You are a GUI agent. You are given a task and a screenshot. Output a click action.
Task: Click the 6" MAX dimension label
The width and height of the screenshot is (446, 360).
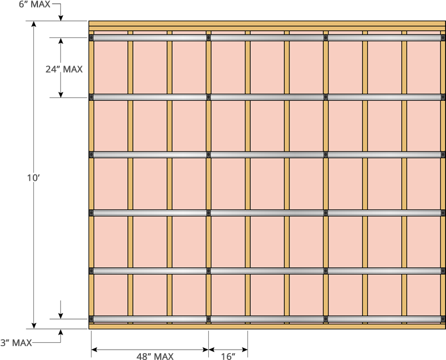coord(34,4)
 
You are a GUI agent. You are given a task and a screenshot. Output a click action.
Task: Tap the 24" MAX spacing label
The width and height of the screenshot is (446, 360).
coord(64,70)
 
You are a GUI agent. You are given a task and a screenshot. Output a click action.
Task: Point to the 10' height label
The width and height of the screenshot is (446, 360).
coord(33,178)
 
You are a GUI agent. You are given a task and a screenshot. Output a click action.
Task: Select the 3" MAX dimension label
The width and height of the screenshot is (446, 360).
coord(16,343)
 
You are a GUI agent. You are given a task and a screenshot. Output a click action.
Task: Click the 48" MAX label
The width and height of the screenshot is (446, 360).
coord(155,356)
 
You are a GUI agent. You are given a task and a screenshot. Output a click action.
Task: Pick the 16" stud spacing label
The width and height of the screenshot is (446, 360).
coord(228,356)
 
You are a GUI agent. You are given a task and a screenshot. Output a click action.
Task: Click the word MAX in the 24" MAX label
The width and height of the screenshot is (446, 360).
coord(73,70)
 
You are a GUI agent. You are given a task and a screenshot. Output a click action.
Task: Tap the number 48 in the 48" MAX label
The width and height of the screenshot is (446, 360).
coord(142,356)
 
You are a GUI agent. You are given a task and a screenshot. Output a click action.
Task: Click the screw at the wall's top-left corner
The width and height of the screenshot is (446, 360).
coord(92,38)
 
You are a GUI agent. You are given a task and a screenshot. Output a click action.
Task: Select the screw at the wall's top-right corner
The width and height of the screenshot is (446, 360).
coord(442,38)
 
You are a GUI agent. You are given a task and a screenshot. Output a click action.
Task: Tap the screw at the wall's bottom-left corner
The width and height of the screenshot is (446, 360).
coord(92,319)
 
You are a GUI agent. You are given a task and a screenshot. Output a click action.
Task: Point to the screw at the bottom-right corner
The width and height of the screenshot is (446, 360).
coord(442,319)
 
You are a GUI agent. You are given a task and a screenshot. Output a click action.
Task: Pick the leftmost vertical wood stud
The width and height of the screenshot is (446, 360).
coord(91,179)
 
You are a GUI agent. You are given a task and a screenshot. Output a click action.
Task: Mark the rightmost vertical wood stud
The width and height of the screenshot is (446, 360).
coord(443,179)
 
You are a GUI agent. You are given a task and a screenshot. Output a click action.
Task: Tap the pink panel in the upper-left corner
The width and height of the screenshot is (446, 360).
coord(110,67)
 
